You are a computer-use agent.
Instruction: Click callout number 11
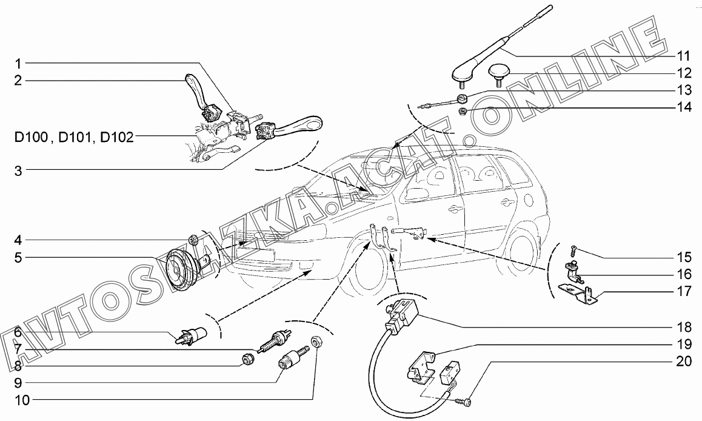(x=684, y=56)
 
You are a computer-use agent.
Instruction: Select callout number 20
(x=684, y=362)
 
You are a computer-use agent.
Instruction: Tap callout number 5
(x=18, y=258)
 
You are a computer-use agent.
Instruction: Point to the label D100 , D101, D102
(x=74, y=137)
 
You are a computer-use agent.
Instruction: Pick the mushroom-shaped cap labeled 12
(x=503, y=74)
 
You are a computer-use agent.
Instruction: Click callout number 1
(x=18, y=63)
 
